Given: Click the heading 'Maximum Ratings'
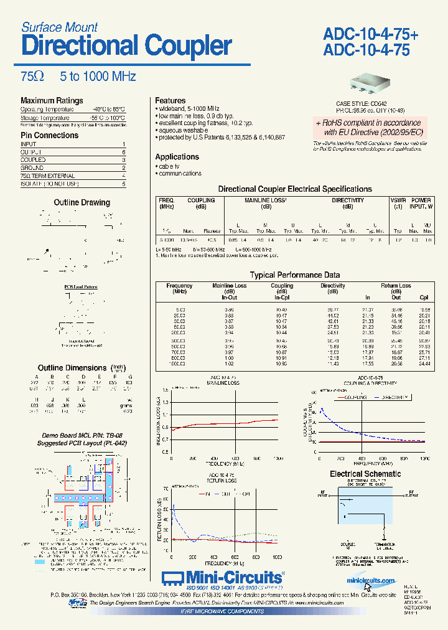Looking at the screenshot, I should pyautogui.click(x=52, y=101).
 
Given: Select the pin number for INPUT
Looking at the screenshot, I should pyautogui.click(x=124, y=144).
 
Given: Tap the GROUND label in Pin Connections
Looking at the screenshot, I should pyautogui.click(x=32, y=168).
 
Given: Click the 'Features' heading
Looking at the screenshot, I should pyautogui.click(x=170, y=101).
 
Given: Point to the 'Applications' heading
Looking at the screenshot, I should pyautogui.click(x=177, y=157).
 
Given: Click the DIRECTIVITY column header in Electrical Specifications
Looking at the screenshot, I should pyautogui.click(x=347, y=200).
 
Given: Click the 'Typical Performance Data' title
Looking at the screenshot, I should pyautogui.click(x=294, y=275).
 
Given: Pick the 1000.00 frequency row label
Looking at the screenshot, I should pyautogui.click(x=180, y=363).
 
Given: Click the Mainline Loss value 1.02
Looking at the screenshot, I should pyautogui.click(x=229, y=363).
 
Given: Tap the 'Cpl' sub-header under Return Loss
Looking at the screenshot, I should pyautogui.click(x=424, y=298).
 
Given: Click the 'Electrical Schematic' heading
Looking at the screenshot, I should pyautogui.click(x=365, y=474).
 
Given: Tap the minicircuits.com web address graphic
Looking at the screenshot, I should pyautogui.click(x=371, y=581).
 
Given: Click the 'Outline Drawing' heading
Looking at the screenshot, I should pyautogui.click(x=82, y=202).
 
